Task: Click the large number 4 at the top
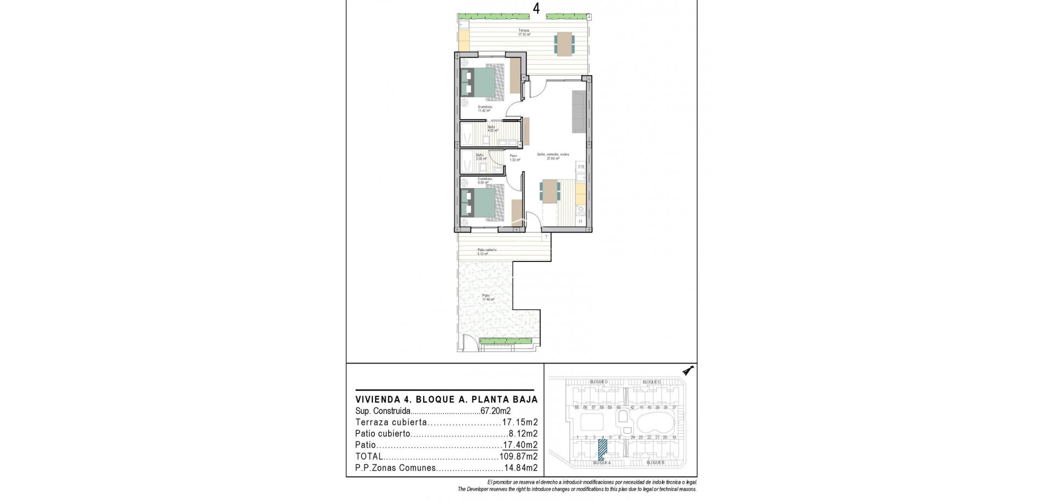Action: (x=521, y=8)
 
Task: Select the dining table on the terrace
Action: (x=563, y=44)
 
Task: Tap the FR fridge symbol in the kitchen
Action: (x=581, y=167)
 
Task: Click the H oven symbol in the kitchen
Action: (x=580, y=221)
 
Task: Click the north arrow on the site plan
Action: (x=689, y=371)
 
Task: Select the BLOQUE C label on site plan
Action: (x=651, y=382)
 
